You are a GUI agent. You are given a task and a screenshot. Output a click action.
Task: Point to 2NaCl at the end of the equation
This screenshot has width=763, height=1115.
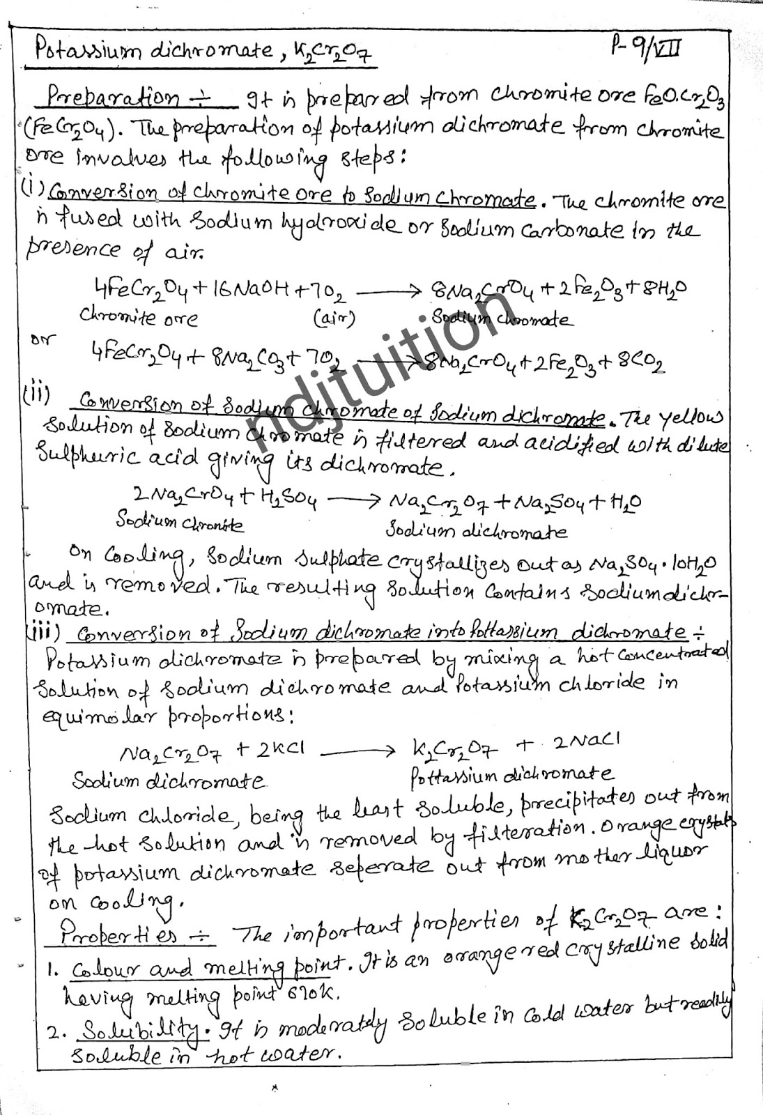(586, 740)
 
